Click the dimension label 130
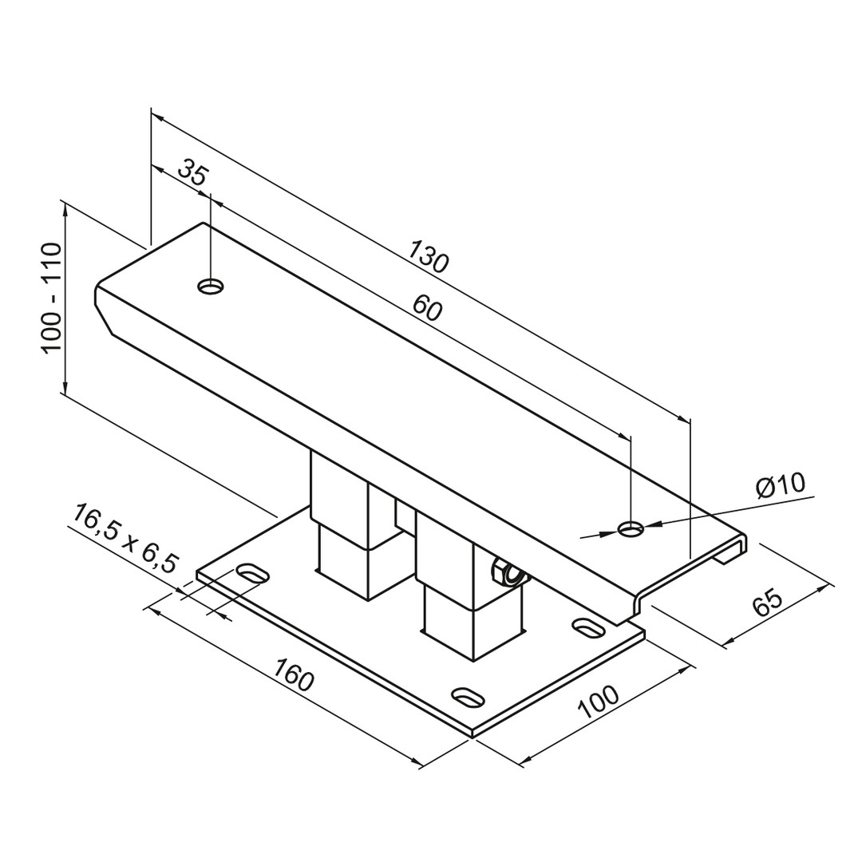[429, 256]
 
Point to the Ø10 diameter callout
[780, 484]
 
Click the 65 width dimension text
[766, 603]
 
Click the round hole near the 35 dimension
[211, 287]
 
